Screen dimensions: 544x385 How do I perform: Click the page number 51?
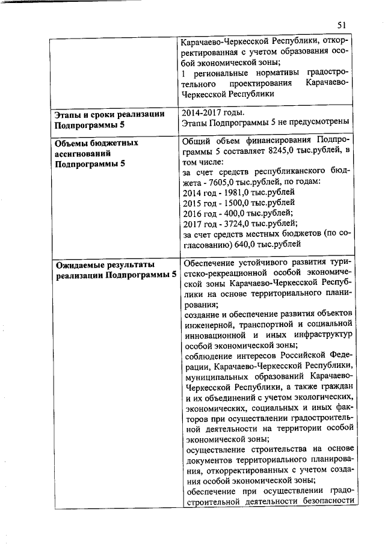point(342,25)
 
